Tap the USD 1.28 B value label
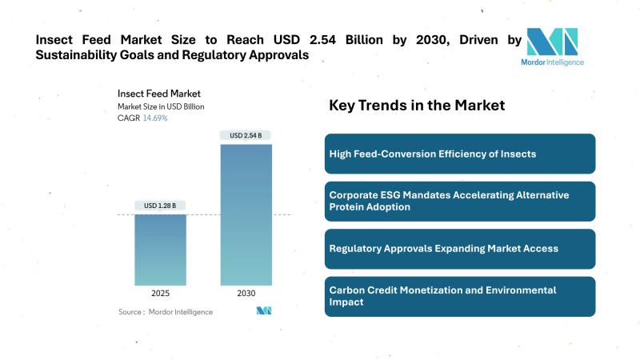(160, 206)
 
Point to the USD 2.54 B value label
(246, 135)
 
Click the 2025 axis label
(160, 294)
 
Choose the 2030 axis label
(246, 294)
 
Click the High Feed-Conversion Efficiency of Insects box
(459, 154)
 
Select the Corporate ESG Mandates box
(459, 201)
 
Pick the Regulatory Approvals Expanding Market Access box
(459, 249)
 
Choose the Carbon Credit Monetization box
(459, 296)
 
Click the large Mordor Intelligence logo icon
(552, 42)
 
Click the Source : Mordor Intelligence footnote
(166, 311)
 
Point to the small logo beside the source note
(264, 310)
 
